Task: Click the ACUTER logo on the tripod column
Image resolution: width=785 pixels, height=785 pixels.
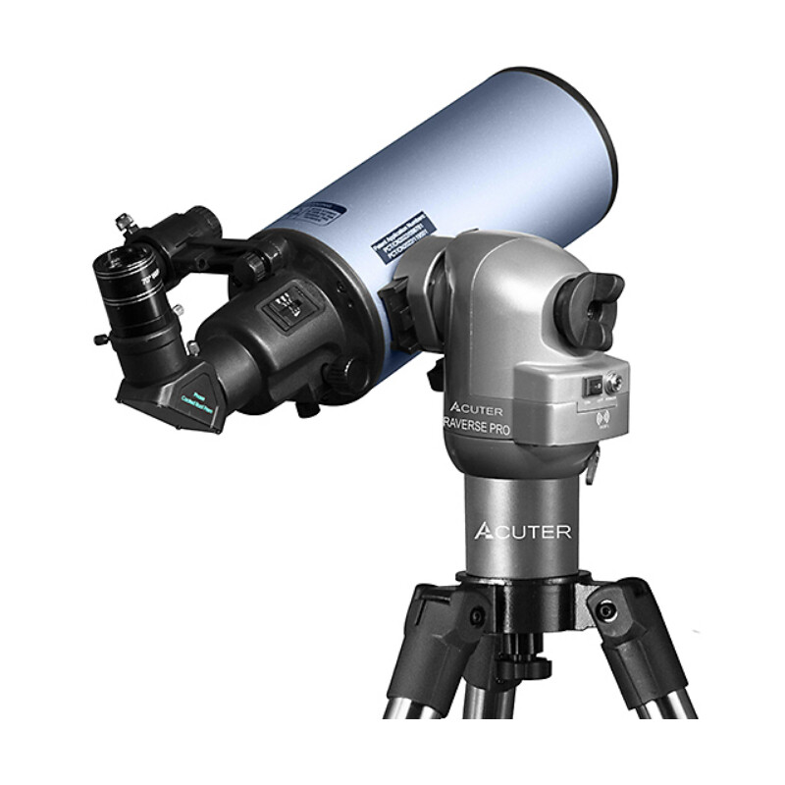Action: [x=522, y=531]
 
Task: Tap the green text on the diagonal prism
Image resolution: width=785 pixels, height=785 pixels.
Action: [x=199, y=404]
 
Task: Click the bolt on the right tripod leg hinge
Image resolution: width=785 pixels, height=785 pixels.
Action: [x=608, y=610]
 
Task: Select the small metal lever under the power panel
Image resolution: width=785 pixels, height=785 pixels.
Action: [x=592, y=469]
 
